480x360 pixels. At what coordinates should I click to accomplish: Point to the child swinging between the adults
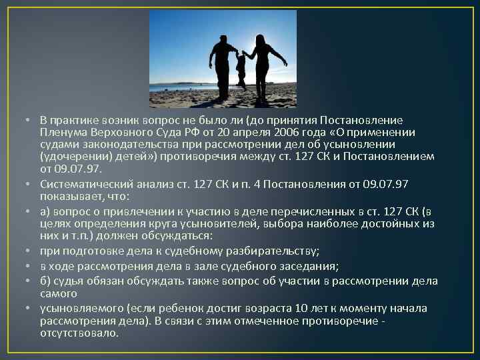241,67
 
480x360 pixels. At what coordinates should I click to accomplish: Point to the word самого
58,293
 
